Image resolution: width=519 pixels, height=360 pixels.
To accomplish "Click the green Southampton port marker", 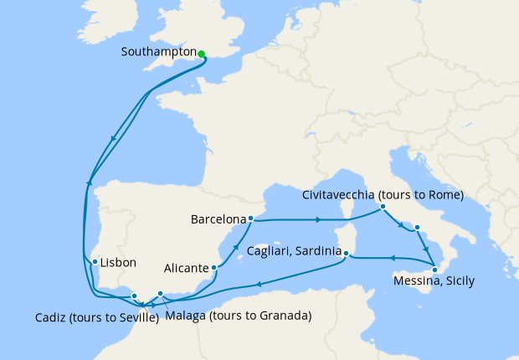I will [202, 54].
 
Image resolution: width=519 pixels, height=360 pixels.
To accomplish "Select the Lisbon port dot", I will [95, 262].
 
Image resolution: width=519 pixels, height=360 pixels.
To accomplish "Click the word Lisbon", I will [117, 262].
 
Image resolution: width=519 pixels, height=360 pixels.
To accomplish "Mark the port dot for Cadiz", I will [135, 296].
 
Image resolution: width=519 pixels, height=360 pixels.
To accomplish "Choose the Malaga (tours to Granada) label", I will [239, 316].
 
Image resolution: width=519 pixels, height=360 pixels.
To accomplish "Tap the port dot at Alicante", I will [216, 268].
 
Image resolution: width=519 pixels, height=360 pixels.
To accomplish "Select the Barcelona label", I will [218, 220].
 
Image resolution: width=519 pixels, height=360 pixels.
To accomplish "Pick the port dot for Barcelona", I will [251, 219].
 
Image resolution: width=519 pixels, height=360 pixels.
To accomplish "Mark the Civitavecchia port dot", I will [383, 207].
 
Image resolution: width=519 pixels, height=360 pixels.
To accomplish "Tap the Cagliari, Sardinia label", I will [294, 251].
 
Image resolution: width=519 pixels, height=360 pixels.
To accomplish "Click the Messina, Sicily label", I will [434, 281].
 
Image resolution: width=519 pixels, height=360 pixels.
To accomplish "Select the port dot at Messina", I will [434, 269].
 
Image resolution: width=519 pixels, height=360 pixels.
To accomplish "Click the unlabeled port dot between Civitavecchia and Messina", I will [417, 227].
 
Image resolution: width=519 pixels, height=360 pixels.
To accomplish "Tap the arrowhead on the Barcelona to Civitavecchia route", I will [320, 220].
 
